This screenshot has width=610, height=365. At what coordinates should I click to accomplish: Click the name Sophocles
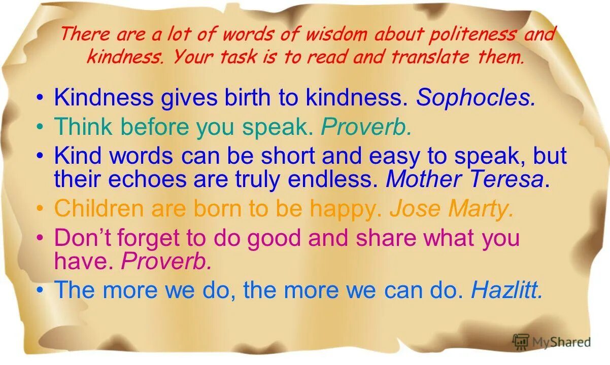click(476, 98)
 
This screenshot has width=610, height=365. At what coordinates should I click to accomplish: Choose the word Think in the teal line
click(83, 127)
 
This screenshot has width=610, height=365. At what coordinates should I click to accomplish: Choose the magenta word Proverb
click(166, 261)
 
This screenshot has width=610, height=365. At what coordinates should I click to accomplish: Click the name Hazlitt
click(507, 290)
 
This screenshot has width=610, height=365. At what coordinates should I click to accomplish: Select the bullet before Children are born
click(41, 209)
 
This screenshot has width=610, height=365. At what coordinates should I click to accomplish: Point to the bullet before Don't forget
click(41, 238)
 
